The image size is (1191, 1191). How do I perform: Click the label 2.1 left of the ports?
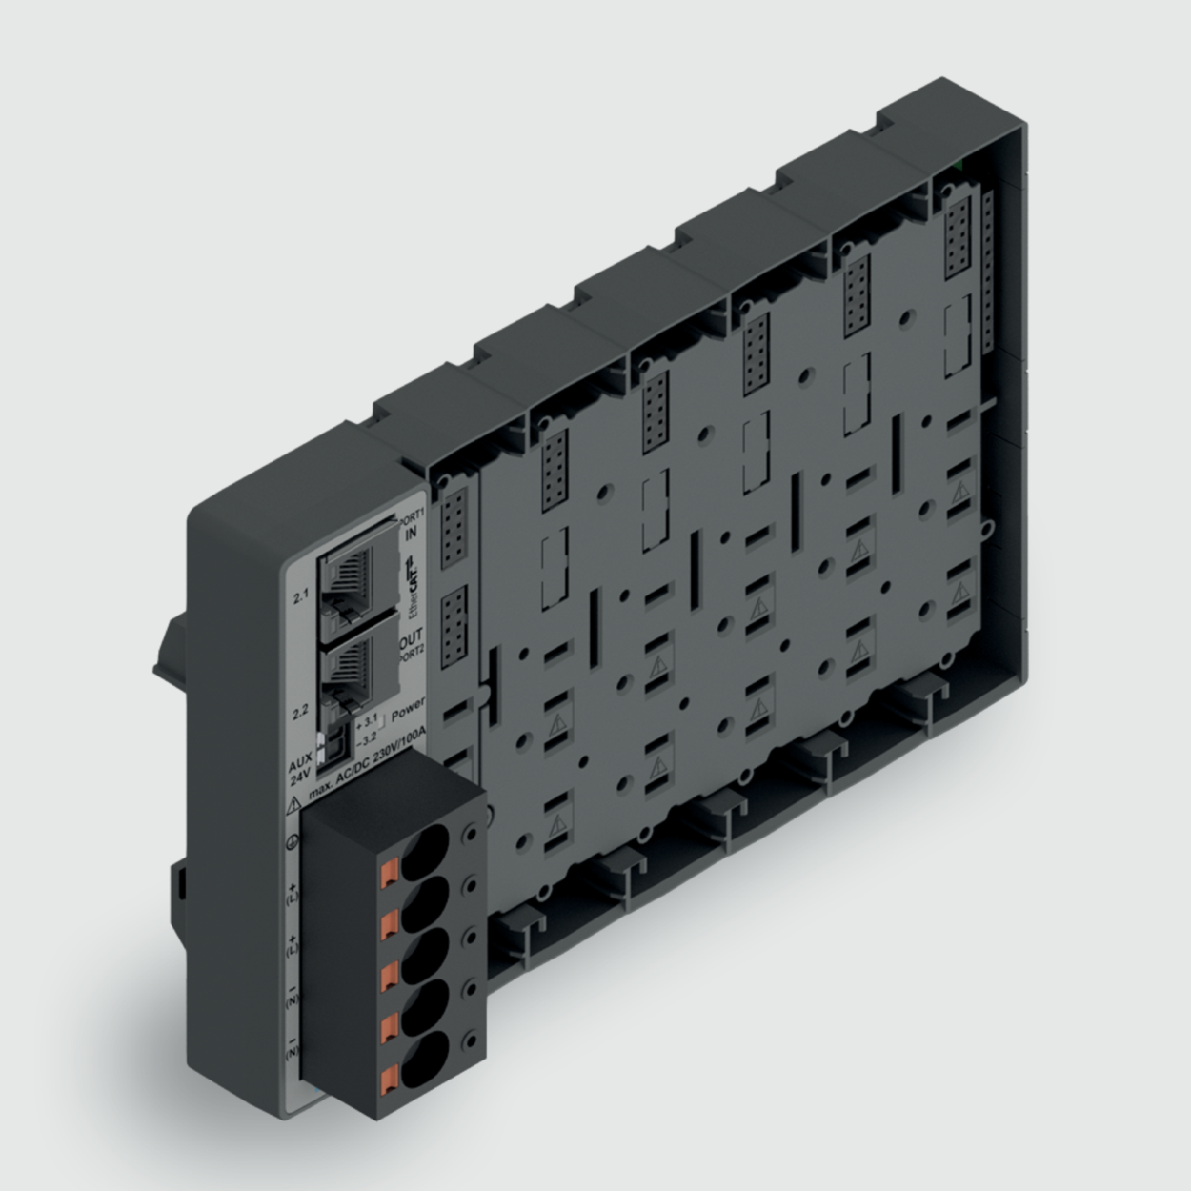(x=301, y=597)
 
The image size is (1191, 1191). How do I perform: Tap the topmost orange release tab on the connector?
(x=389, y=871)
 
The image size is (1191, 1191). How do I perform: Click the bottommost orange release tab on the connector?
(x=389, y=1080)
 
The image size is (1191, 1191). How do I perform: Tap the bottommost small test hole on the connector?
(x=468, y=1040)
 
